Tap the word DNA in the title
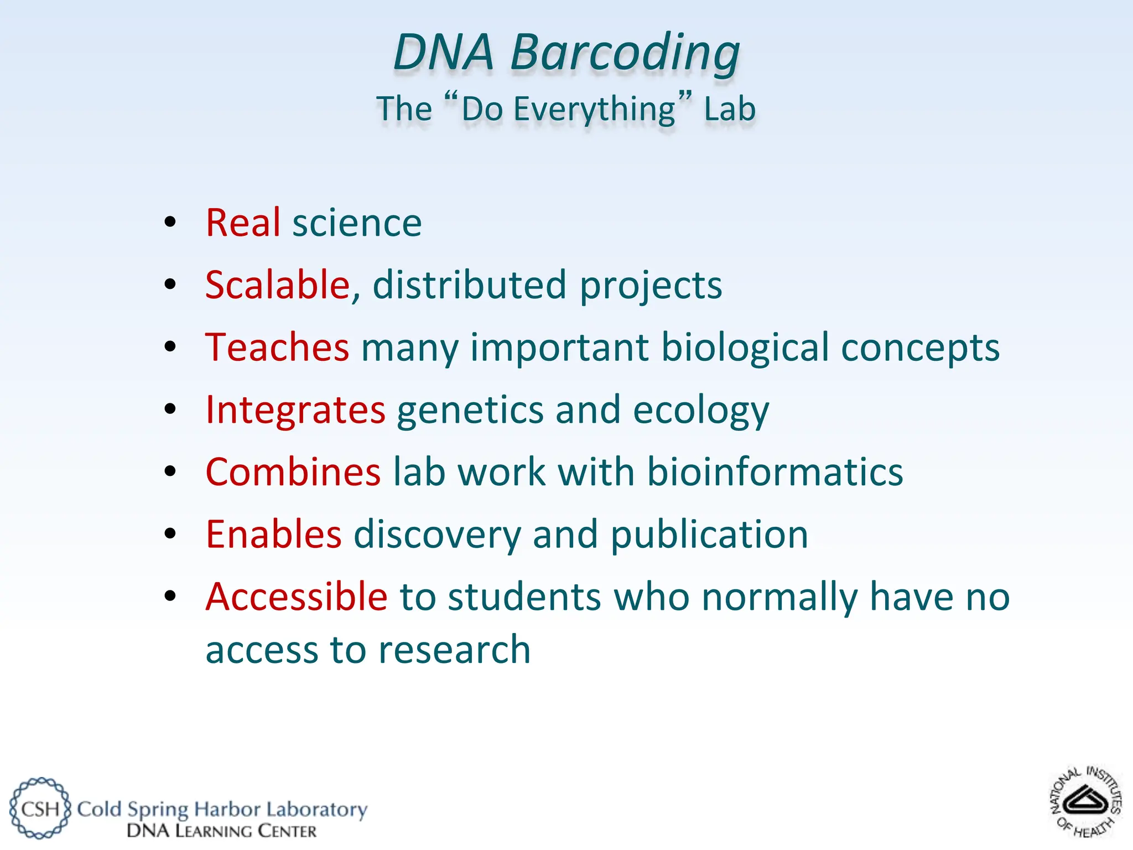pos(443,53)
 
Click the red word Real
pos(243,223)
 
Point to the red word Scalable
pos(278,285)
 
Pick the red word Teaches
pos(277,348)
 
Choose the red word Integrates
pos(295,410)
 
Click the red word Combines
pos(293,472)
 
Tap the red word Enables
pos(273,535)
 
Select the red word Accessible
pos(296,597)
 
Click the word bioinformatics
pos(775,472)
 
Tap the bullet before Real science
pos(170,222)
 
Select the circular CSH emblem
pos(40,808)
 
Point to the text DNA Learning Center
pos(221,831)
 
